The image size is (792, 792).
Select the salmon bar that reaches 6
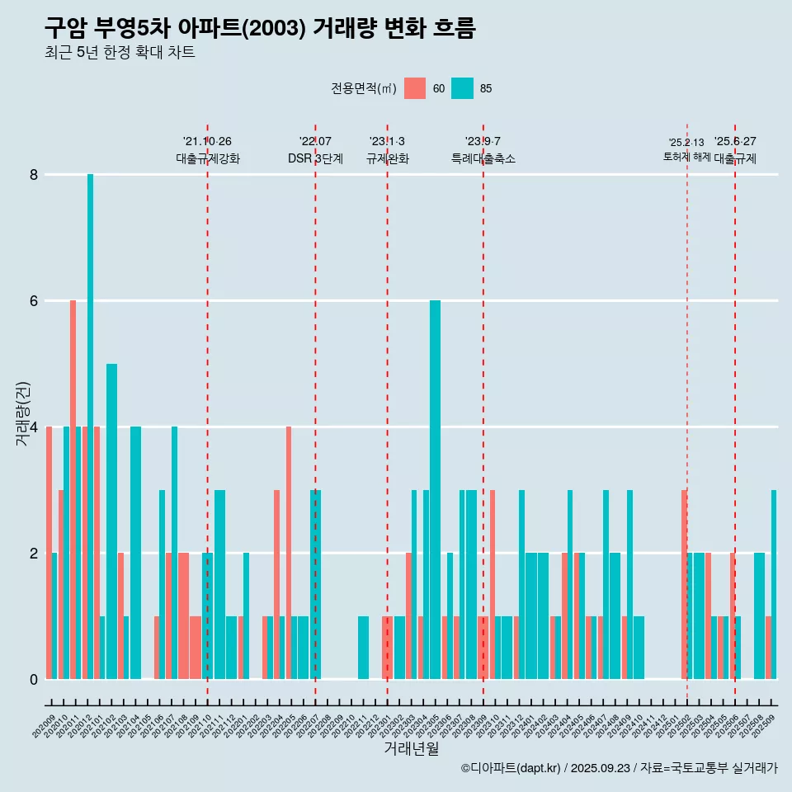pyautogui.click(x=73, y=487)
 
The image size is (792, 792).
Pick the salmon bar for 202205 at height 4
pyautogui.click(x=289, y=553)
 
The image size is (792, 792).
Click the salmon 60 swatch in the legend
pyautogui.click(x=415, y=88)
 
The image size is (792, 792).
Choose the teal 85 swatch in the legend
pyautogui.click(x=463, y=88)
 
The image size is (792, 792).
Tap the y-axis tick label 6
pyautogui.click(x=34, y=301)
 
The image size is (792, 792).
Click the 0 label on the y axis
pyautogui.click(x=34, y=679)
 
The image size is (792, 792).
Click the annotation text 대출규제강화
pyautogui.click(x=208, y=158)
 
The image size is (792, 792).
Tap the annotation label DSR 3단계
pyautogui.click(x=315, y=158)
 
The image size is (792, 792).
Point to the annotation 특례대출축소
pyautogui.click(x=483, y=158)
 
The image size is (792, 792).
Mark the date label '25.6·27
pyautogui.click(x=735, y=142)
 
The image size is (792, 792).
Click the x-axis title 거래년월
pyautogui.click(x=411, y=749)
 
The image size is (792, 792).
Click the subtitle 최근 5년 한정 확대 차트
pyautogui.click(x=120, y=53)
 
